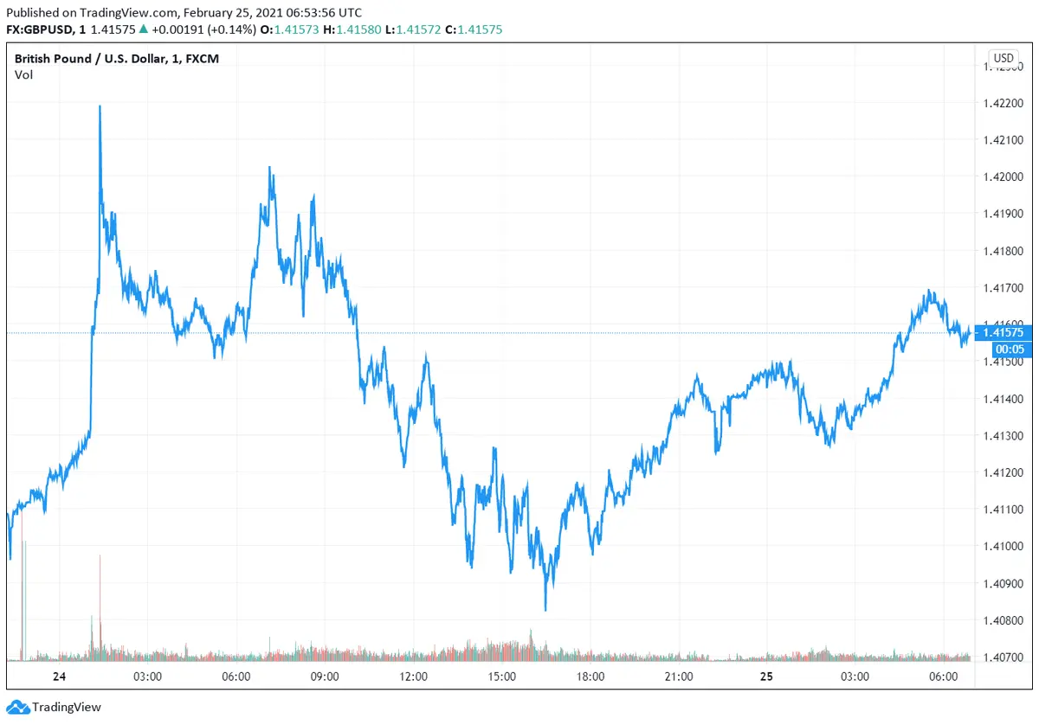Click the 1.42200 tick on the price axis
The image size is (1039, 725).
coord(1004,103)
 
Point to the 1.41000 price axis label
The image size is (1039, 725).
coord(1004,546)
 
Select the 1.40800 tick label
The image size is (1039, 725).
coord(1004,620)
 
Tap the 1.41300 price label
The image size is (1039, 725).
coord(1004,435)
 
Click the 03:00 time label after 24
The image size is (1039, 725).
coord(147,677)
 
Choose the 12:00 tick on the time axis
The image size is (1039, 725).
coord(413,677)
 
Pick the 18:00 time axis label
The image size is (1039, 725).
coord(590,677)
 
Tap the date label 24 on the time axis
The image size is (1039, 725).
coord(59,677)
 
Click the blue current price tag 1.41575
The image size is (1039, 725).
coord(1004,332)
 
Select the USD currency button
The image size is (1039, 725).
coord(1004,59)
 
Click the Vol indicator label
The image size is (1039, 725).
coord(23,75)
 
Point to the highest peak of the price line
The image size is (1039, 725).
coord(100,106)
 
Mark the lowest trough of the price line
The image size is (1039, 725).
coord(545,610)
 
